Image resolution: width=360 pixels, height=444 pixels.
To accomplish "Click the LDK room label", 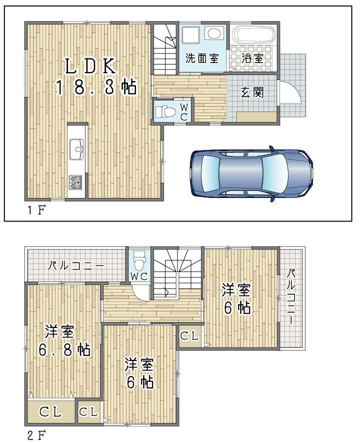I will tap(90, 64).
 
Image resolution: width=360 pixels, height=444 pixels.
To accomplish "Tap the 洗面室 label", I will tap(202, 57).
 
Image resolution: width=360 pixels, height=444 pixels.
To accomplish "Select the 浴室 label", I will tap(252, 57).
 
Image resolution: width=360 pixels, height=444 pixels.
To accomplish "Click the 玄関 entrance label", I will tap(252, 92).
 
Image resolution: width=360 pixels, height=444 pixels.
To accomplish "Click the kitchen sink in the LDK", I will tap(77, 148).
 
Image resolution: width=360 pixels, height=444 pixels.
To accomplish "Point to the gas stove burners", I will tap(76, 181).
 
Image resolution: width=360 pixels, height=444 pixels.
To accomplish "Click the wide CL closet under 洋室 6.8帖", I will tap(50, 412).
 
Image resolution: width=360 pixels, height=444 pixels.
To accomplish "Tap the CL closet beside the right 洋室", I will tap(189, 336).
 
